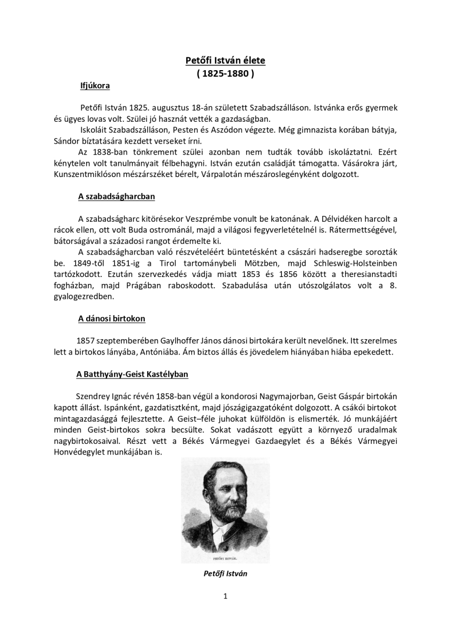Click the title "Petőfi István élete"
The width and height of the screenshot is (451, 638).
tap(225, 61)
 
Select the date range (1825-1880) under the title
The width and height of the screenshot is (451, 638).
tap(225, 74)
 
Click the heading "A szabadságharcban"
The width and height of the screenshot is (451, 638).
tap(116, 197)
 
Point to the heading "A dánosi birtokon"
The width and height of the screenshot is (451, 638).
tap(112, 318)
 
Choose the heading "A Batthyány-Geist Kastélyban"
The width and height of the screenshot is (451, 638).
tap(132, 374)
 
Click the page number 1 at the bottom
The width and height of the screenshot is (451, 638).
tap(225, 596)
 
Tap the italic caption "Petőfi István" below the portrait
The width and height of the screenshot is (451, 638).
tap(225, 574)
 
